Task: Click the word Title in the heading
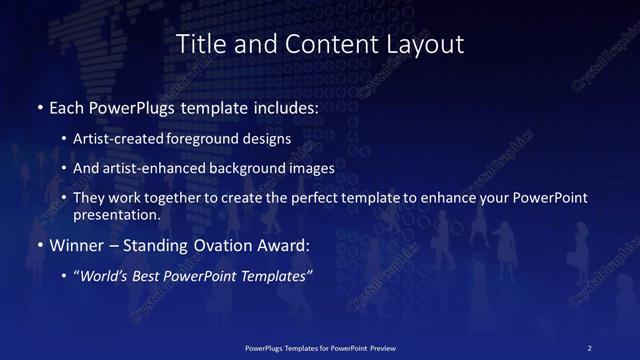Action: [200, 44]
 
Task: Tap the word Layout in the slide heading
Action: [425, 44]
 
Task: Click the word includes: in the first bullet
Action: [282, 107]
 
